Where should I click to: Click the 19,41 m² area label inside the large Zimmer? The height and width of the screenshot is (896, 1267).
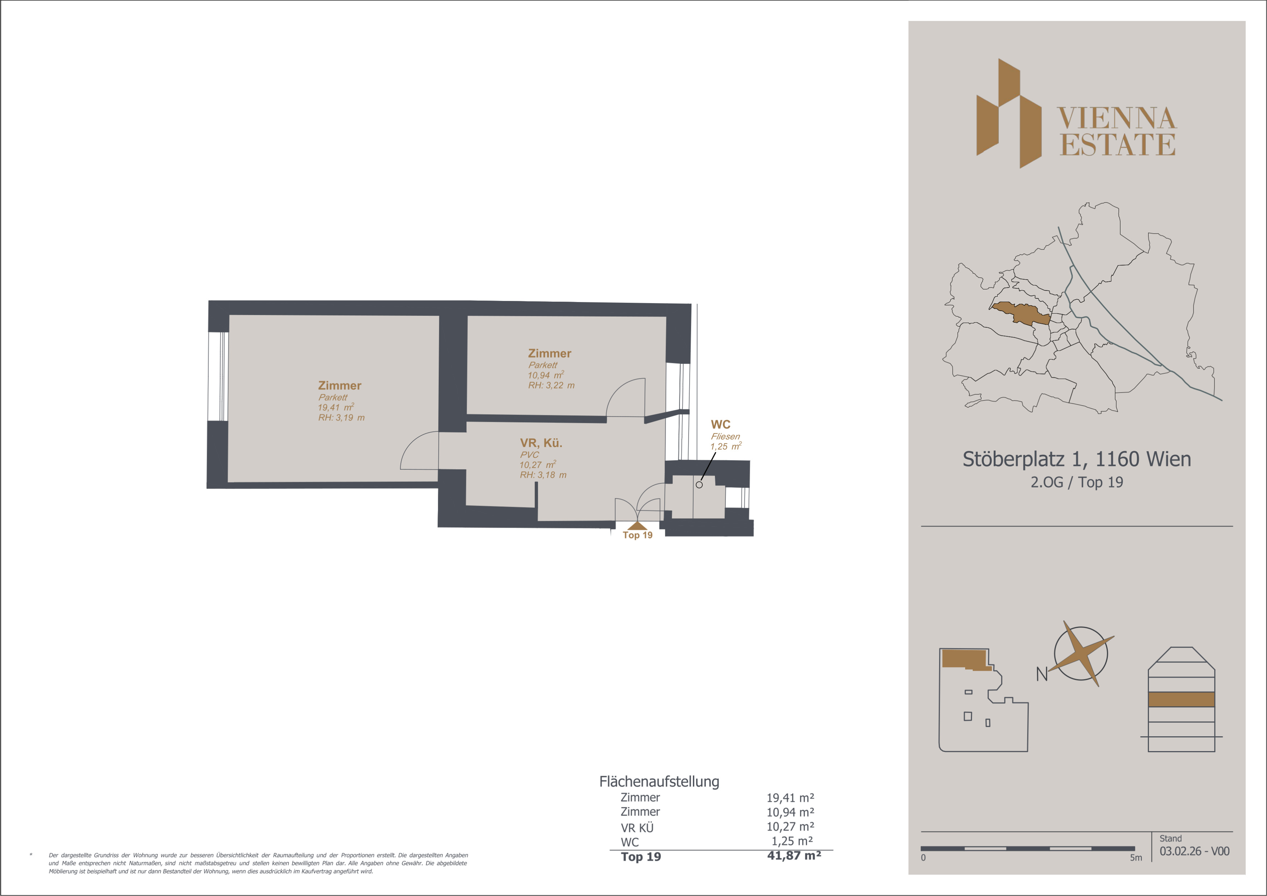336,407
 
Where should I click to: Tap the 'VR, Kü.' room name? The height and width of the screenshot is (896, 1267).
541,443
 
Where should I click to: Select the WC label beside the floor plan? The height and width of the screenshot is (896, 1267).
720,424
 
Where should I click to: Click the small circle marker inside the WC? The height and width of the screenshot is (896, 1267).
699,485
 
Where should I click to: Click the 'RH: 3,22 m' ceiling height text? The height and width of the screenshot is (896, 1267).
551,385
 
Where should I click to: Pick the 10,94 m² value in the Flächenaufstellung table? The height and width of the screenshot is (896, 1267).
790,812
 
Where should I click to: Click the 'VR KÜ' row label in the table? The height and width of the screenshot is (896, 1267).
637,828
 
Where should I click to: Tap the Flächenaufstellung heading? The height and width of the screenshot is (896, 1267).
660,782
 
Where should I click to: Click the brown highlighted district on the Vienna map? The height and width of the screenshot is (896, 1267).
1021,313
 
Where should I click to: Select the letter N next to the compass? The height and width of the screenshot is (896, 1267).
1041,674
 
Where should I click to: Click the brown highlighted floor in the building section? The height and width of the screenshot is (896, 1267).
1182,699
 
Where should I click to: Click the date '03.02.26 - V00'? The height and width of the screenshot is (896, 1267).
1194,851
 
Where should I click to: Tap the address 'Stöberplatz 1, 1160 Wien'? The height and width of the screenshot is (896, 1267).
1077,459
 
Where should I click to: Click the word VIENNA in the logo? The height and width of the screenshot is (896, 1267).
1117,118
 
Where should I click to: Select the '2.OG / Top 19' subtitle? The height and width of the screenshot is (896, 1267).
1077,482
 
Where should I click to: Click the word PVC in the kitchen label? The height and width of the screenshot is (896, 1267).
529,455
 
